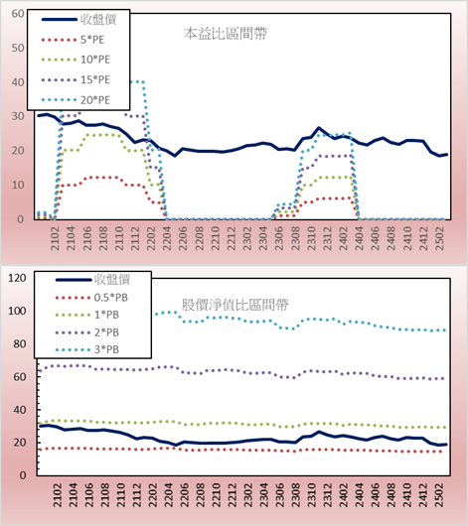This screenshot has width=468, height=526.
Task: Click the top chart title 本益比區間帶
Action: coord(226,34)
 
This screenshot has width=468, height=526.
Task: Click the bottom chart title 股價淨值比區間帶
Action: coord(234,305)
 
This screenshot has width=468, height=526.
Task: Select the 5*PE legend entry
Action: coord(73,40)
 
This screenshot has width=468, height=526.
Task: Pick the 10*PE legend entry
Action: coord(76,60)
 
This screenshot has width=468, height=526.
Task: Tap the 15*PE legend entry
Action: coord(76,79)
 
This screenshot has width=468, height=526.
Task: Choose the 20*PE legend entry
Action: coord(76,100)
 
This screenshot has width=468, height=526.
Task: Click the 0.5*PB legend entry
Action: coord(91,298)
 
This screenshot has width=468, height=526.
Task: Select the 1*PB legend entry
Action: coord(87,315)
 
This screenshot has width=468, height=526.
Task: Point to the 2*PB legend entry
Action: coord(87,332)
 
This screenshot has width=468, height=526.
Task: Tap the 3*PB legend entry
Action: coord(87,349)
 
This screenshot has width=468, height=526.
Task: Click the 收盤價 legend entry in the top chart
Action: coord(78,20)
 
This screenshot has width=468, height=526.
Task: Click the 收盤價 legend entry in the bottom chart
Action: coord(92,280)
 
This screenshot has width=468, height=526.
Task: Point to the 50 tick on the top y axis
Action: coord(18,48)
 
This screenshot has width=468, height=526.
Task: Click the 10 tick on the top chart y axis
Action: coord(18,185)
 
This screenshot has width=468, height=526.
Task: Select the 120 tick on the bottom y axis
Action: coord(17,278)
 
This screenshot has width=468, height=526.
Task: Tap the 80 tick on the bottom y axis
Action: coord(20,343)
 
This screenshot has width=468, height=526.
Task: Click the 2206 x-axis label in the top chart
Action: coord(183,238)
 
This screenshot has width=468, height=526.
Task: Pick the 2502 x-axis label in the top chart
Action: coord(440,238)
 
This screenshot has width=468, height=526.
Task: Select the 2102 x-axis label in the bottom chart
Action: coord(58,495)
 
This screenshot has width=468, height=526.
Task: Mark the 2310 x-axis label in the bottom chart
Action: coord(312,495)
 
